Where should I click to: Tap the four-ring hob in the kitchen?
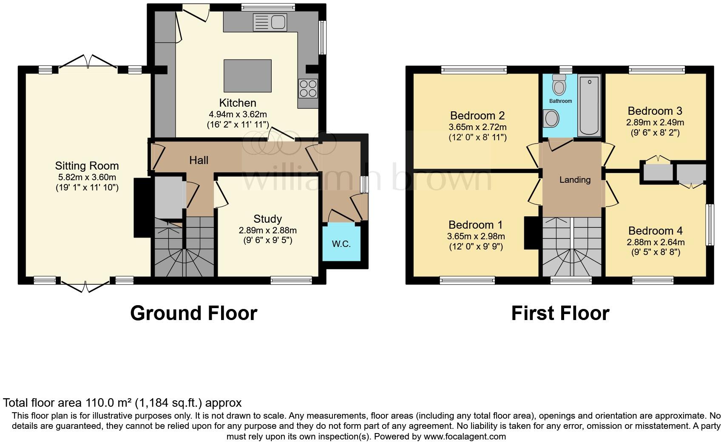(308, 88)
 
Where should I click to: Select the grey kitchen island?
(247, 76)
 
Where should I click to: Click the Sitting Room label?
(87, 166)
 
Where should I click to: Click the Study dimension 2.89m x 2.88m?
(267, 230)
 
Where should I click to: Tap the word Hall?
(199, 160)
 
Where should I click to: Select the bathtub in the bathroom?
(589, 105)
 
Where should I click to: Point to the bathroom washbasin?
(551, 118)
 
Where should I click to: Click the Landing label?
(575, 180)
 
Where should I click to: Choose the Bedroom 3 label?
(655, 111)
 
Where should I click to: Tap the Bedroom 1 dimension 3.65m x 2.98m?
(476, 236)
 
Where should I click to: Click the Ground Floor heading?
(193, 313)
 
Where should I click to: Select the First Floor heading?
(560, 313)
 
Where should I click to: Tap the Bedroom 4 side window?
(710, 225)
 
